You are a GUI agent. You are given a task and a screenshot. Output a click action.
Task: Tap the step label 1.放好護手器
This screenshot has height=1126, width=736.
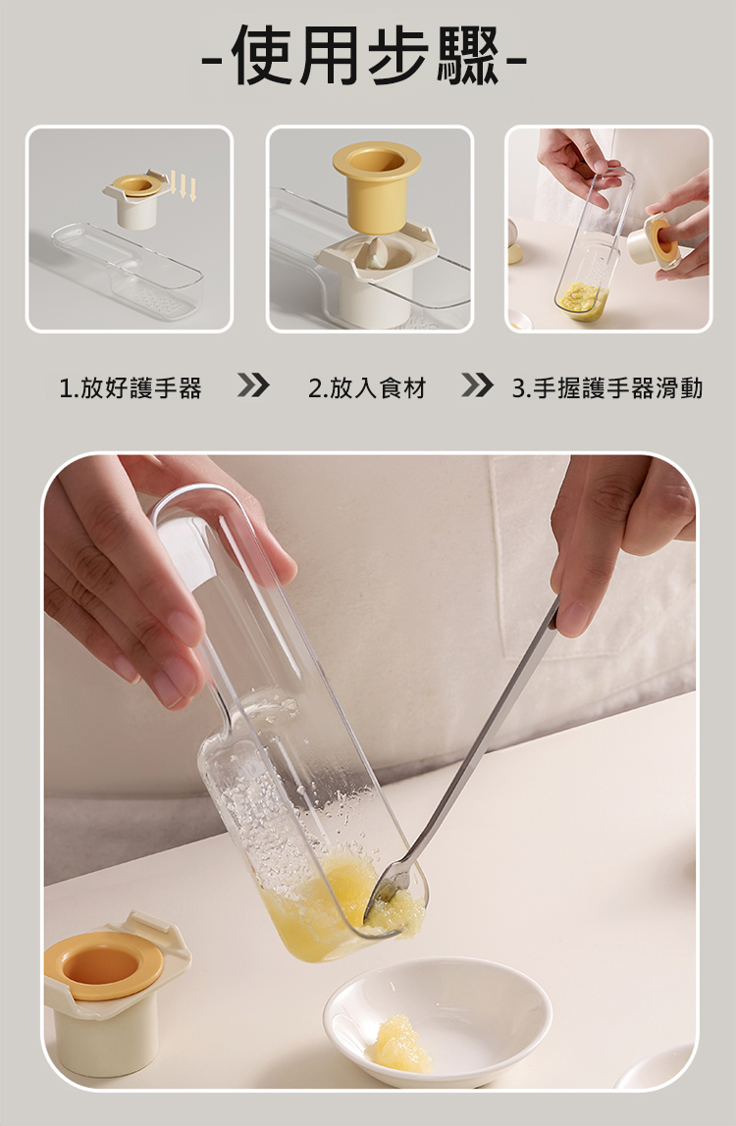point(131,388)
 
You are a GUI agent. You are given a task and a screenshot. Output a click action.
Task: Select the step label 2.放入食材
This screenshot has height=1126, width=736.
point(367,388)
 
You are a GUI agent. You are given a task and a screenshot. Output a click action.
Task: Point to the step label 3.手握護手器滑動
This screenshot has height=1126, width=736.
point(607,388)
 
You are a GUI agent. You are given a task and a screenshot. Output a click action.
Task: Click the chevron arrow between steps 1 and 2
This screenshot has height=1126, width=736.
point(253,385)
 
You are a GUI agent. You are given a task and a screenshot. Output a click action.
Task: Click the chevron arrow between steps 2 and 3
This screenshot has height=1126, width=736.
point(477,385)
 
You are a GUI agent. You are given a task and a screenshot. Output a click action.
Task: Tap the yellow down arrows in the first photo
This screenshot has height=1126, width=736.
point(184,186)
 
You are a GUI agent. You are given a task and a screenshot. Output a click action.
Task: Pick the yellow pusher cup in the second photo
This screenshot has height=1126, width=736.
point(376,185)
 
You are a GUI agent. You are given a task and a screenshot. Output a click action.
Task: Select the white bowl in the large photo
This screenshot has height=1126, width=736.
point(437,1020)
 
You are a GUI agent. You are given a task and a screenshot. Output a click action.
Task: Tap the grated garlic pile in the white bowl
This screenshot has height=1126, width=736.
point(402,1044)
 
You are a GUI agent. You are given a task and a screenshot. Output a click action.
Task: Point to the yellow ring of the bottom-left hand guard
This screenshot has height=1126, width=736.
point(103,966)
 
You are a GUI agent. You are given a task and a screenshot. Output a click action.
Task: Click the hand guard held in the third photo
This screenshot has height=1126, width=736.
point(654,242)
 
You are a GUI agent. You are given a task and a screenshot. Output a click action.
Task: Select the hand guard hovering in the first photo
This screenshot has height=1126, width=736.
point(136,197)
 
